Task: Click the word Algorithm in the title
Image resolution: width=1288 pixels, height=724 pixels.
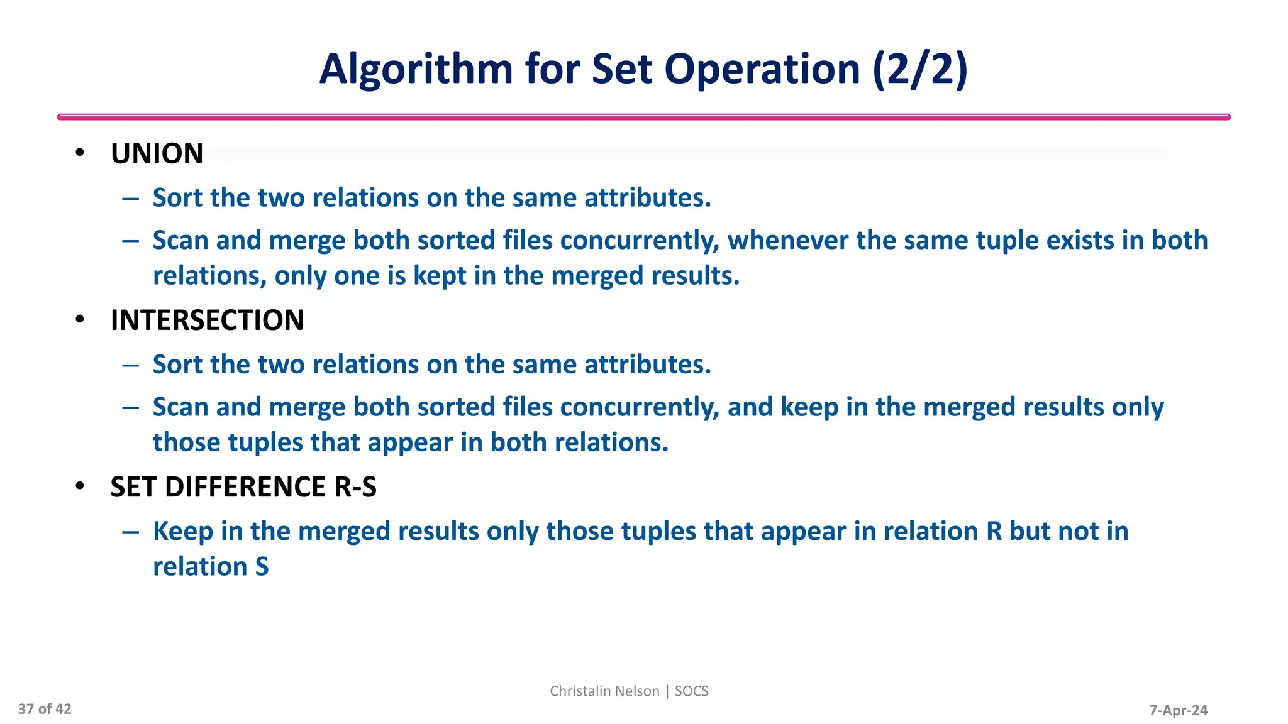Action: [416, 69]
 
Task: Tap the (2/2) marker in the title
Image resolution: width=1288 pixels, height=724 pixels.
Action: [920, 69]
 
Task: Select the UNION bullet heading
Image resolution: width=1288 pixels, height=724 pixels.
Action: [157, 154]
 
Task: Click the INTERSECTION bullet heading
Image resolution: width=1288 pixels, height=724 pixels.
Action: [207, 321]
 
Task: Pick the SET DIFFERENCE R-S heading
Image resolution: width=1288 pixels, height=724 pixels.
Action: [243, 487]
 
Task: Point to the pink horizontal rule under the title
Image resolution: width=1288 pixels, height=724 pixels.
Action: [643, 117]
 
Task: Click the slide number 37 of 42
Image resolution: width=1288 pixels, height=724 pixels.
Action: [45, 709]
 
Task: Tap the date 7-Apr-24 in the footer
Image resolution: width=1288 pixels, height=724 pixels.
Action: [1178, 710]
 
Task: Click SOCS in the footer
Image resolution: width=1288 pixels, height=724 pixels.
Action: [691, 691]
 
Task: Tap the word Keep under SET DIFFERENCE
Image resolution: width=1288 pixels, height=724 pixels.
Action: [183, 532]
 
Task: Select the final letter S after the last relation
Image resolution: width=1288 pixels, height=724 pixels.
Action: [262, 567]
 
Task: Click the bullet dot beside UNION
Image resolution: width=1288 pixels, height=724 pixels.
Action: [79, 153]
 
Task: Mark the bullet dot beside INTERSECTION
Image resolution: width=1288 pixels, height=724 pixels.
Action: [79, 319]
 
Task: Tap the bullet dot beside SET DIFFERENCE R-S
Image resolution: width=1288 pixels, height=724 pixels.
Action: [79, 486]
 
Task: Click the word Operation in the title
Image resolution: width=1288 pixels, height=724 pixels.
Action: [762, 69]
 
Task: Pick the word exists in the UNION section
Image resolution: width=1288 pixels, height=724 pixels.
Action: [1076, 240]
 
